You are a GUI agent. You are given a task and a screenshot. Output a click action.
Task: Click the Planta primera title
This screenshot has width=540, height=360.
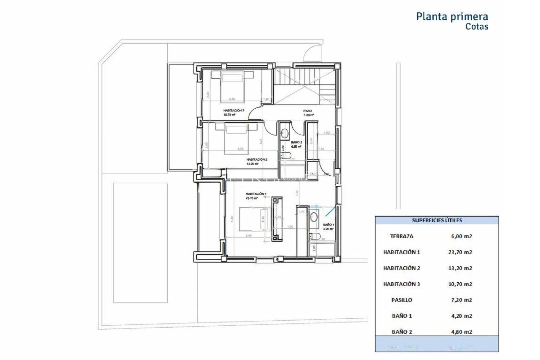(452, 17)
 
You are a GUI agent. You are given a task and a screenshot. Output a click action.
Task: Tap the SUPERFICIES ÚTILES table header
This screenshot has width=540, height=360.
(436, 220)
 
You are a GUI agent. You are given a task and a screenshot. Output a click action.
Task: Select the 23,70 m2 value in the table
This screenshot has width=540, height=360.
(460, 252)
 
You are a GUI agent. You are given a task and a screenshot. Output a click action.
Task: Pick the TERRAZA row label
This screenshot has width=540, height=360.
(401, 236)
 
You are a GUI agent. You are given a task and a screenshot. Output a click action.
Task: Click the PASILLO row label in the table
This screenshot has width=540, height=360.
(401, 300)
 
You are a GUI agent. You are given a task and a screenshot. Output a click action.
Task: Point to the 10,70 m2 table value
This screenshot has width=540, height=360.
(460, 284)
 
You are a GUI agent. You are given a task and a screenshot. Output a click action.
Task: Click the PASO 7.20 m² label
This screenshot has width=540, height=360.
(308, 112)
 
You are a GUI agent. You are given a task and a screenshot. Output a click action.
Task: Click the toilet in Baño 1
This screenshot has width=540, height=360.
(314, 237)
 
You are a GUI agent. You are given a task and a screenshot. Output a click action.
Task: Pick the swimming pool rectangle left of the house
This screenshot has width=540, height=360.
(140, 243)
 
